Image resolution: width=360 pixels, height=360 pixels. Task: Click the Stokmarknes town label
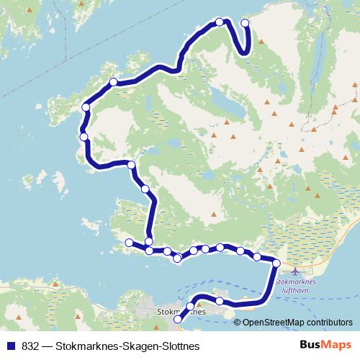point(179,313)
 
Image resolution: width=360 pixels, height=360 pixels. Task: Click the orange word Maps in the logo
point(333,346)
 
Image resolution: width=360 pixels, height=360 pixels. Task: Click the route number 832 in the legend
point(30,346)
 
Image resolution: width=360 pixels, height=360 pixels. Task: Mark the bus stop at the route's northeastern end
point(245,23)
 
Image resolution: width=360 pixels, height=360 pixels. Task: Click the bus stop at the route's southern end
point(179,330)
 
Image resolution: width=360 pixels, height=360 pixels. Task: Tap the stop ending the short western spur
point(129,243)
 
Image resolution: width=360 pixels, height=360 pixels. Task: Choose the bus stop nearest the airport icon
point(276,264)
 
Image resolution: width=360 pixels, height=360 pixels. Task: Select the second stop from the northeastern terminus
point(220,22)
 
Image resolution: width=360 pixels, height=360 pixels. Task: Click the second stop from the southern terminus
point(191,307)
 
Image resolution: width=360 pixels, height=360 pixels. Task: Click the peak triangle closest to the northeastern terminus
point(261,41)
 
